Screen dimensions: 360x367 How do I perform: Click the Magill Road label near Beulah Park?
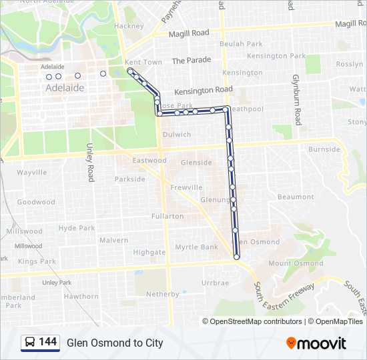click(190, 33)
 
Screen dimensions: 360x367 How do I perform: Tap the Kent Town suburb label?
click(143, 62)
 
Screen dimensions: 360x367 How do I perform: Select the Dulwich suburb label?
click(177, 135)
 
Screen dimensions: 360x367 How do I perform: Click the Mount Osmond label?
click(296, 263)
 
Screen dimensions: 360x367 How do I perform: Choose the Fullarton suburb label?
click(167, 216)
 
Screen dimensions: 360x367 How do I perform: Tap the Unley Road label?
click(90, 162)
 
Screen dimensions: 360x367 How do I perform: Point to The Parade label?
click(191, 60)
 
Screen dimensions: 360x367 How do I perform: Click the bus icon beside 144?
click(30, 343)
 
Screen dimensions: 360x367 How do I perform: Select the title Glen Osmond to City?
click(115, 343)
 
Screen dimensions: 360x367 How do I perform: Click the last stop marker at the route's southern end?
click(237, 257)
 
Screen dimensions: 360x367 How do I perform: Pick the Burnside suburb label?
click(324, 149)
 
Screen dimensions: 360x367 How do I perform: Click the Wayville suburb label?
click(32, 172)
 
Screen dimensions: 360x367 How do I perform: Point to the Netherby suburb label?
click(163, 294)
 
